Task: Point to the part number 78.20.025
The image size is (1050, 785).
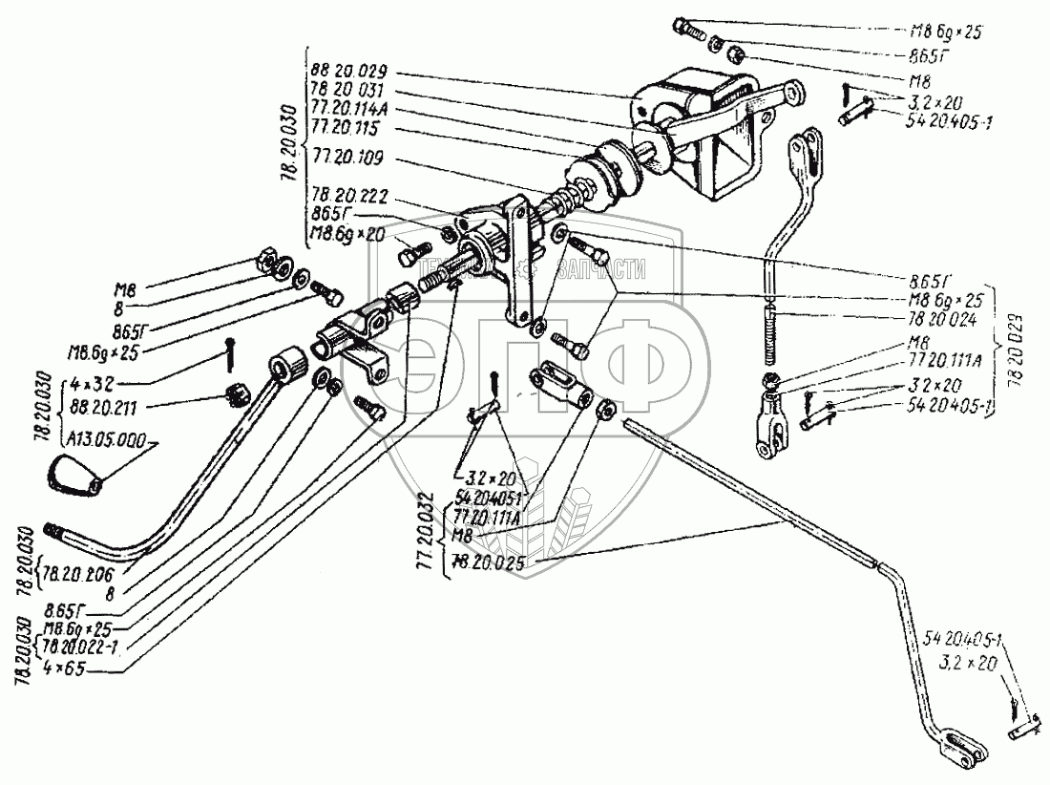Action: click(494, 563)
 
